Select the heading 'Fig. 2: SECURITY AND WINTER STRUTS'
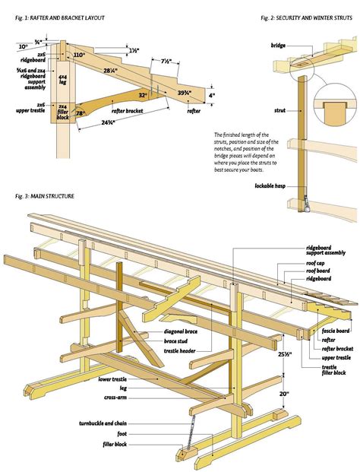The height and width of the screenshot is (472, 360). [x=307, y=17]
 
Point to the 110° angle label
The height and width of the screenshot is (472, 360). [x=80, y=55]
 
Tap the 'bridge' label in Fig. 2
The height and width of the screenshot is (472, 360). [x=278, y=46]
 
